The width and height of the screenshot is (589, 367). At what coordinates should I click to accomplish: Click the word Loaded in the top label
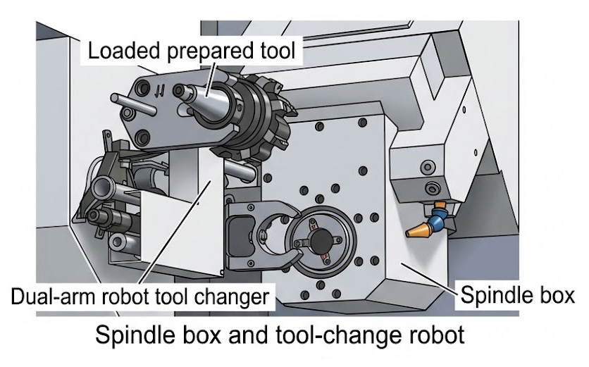(123, 51)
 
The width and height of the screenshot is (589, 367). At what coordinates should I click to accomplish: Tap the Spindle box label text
(517, 296)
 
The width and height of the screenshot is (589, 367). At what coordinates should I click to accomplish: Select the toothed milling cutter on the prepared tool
(263, 116)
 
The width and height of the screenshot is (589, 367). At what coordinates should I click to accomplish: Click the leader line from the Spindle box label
(429, 278)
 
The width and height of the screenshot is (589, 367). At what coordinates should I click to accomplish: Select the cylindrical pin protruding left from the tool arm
(133, 104)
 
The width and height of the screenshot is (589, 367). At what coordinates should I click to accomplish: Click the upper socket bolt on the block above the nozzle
(428, 167)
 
